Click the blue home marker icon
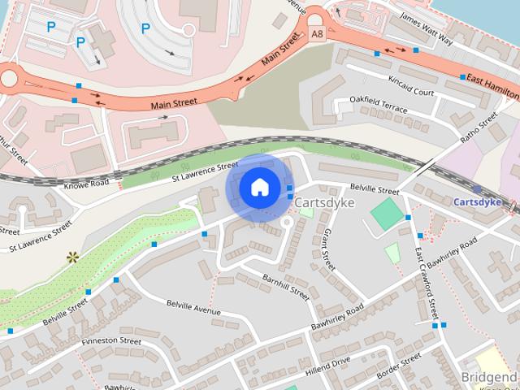258,188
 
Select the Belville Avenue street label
193,307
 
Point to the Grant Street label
327,249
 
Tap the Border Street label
398,364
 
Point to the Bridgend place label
488,378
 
